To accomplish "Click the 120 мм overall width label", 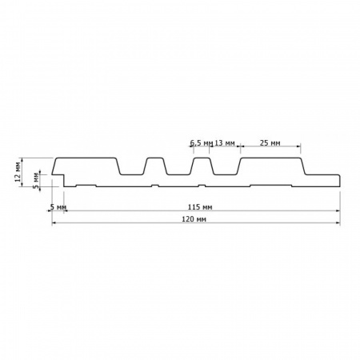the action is pyautogui.click(x=194, y=219).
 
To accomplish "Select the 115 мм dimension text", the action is pyautogui.click(x=200, y=207).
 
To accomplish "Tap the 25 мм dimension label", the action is pyautogui.click(x=270, y=143).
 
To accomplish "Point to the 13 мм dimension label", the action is pyautogui.click(x=225, y=143).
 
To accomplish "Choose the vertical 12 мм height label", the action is pyautogui.click(x=18, y=172).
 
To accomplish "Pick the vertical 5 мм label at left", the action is pyautogui.click(x=36, y=181).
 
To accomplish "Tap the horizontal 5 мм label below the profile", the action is pyautogui.click(x=58, y=207).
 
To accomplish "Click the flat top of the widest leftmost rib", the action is pyautogui.click(x=86, y=158).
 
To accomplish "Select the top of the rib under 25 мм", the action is pyautogui.click(x=270, y=158).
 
